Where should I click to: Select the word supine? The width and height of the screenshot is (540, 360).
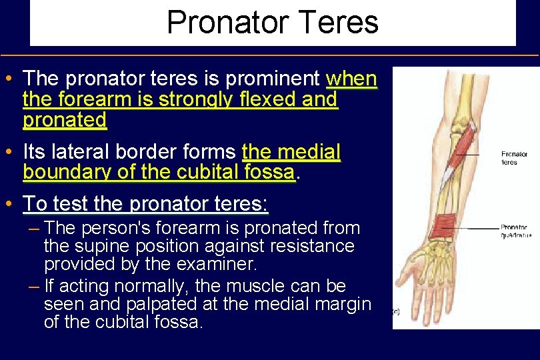(102, 246)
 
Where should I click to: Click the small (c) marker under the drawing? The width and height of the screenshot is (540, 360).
(396, 311)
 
